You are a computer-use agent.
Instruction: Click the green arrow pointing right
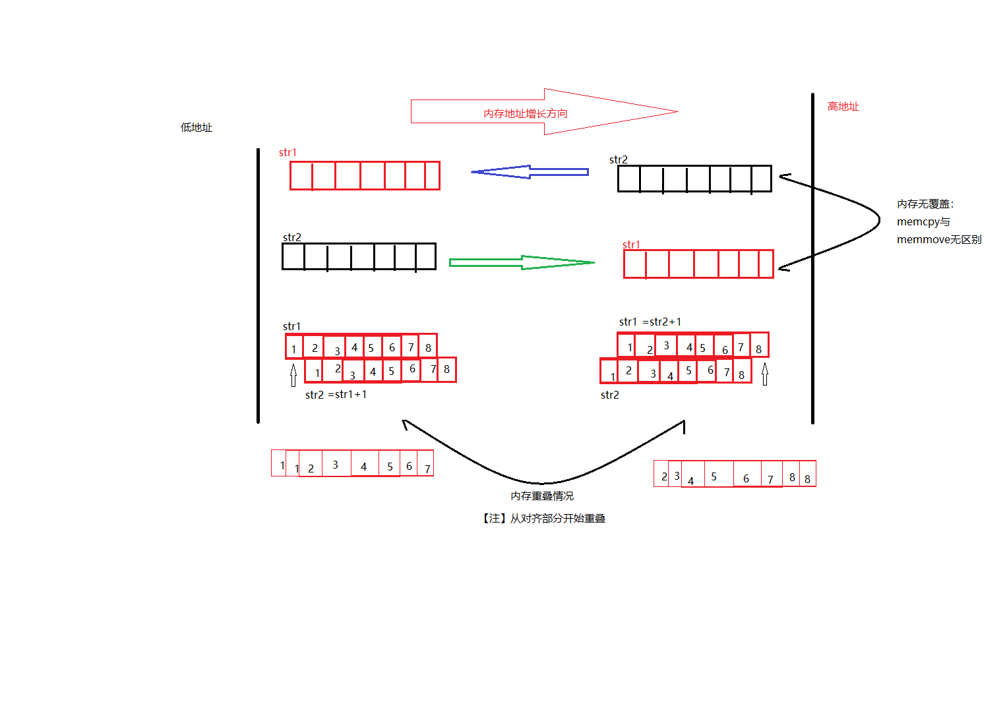[521, 262]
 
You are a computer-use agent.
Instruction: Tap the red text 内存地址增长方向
[525, 113]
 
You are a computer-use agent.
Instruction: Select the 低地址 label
[197, 127]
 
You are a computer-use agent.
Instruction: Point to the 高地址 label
[843, 106]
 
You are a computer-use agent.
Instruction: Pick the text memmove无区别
[938, 240]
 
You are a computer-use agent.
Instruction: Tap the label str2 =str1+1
[336, 395]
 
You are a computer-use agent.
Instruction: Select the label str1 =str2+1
[650, 322]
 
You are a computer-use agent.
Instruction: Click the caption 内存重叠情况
[542, 496]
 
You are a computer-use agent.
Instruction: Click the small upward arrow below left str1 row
[293, 376]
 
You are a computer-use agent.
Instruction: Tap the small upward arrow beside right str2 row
[765, 375]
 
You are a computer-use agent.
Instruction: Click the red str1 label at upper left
[288, 153]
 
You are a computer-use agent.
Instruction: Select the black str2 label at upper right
[619, 159]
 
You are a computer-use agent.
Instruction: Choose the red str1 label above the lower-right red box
[631, 244]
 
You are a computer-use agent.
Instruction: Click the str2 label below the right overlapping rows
[610, 395]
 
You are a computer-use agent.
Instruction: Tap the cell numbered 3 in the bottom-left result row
[335, 465]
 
